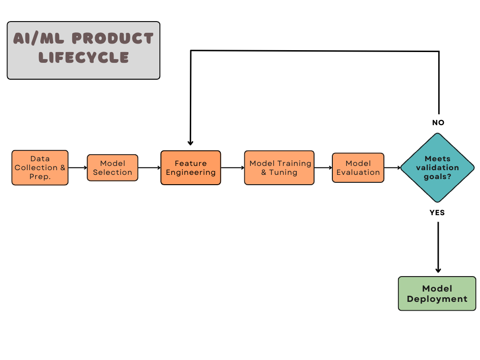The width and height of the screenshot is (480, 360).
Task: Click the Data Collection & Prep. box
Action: [x=40, y=167]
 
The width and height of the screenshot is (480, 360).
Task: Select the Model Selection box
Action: [x=112, y=168]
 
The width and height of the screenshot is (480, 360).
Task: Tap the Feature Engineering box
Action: [x=191, y=168]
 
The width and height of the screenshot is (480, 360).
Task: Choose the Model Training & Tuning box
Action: [x=279, y=168]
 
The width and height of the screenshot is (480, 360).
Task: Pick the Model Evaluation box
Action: [x=358, y=168]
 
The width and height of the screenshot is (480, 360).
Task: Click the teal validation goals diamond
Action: [x=437, y=168]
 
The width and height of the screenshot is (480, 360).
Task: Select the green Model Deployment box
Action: [x=437, y=293]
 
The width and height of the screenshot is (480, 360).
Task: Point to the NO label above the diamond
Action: [x=438, y=122]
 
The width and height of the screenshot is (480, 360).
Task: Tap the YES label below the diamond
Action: [x=437, y=213]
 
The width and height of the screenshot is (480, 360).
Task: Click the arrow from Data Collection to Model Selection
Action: [x=78, y=168]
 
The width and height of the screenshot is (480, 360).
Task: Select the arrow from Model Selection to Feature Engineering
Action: [x=150, y=168]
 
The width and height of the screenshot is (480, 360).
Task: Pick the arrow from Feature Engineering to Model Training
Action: [x=232, y=168]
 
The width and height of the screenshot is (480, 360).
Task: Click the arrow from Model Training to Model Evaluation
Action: [x=323, y=168]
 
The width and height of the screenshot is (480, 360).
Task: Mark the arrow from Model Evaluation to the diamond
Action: [x=392, y=168]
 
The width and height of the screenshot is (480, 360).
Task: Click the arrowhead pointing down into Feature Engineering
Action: [x=190, y=143]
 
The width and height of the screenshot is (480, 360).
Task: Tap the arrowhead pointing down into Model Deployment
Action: [x=438, y=270]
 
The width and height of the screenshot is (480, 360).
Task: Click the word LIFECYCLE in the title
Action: [x=83, y=58]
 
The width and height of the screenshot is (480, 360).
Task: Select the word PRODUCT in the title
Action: [x=112, y=38]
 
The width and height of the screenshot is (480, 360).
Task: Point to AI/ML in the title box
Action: [x=38, y=38]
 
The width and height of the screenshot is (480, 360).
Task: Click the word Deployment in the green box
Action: [x=437, y=299]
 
